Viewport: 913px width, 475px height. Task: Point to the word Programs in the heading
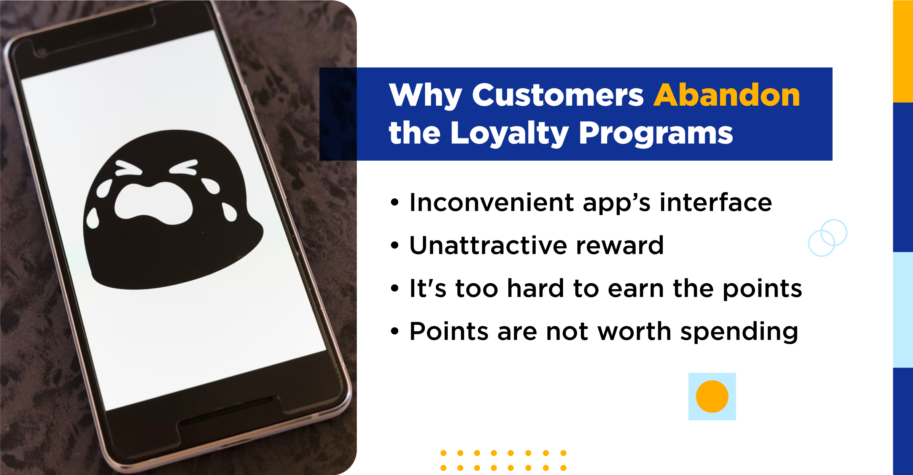tap(655, 134)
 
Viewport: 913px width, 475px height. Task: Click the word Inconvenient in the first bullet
tap(491, 202)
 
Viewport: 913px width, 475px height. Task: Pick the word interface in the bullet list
tap(716, 202)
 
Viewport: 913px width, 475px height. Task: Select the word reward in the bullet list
tap(620, 245)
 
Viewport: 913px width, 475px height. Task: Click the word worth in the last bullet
tap(634, 331)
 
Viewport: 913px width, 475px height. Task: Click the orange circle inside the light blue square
tap(712, 396)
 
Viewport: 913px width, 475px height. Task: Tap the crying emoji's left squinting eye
tap(128, 168)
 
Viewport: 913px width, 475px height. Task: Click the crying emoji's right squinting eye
tap(184, 167)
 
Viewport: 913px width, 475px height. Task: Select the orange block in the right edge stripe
tap(903, 51)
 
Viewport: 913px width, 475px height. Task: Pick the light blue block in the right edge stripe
tap(903, 310)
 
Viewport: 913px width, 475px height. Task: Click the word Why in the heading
tap(425, 96)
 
